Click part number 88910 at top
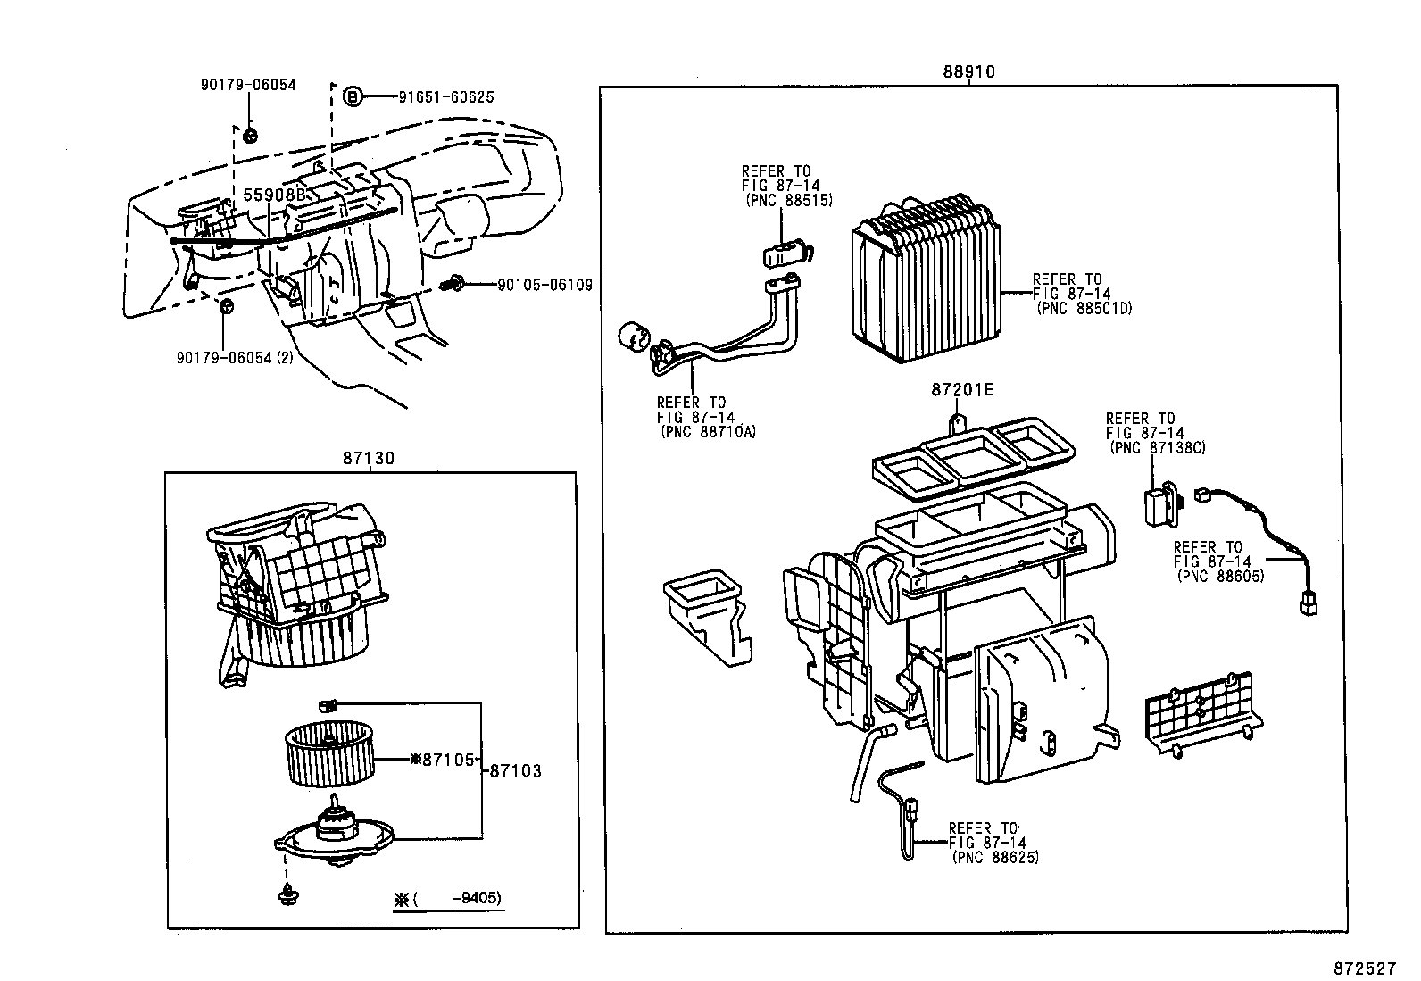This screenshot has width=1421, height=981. coord(968,72)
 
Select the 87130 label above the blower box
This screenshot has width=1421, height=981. coord(368,459)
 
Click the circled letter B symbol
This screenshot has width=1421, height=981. coord(353,96)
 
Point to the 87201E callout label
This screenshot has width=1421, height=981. coord(962,390)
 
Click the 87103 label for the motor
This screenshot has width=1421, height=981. coord(515,770)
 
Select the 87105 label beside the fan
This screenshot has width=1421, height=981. coord(446,760)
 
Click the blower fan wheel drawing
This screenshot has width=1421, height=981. coord(326,755)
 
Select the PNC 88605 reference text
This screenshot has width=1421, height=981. coord(1220,577)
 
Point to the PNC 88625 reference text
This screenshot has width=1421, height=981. coord(994,858)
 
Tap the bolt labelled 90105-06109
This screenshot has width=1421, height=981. coord(455,284)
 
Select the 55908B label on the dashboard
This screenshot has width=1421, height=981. coord(275,194)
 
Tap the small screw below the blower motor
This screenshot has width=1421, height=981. coord(288,892)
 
